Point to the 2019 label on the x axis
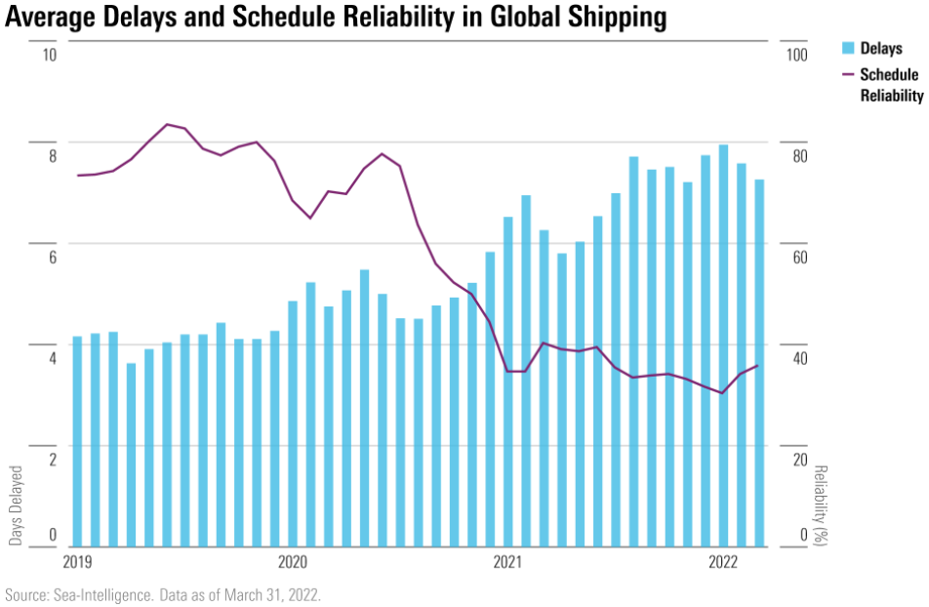77,561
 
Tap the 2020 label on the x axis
293,561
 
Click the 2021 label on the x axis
507,561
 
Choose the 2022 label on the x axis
722,561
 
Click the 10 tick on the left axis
50,54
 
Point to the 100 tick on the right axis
797,54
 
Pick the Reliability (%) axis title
820,505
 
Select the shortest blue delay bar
131,455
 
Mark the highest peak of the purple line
167,124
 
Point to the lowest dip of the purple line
722,393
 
